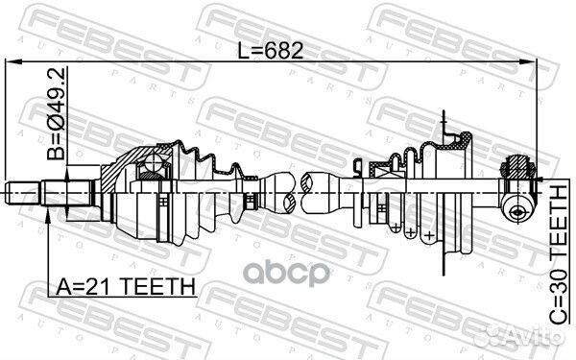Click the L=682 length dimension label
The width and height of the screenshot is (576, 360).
tap(271, 50)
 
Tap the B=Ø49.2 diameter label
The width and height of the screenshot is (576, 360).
tap(57, 113)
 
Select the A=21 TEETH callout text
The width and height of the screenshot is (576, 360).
tap(126, 286)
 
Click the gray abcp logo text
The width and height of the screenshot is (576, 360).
tap(287, 274)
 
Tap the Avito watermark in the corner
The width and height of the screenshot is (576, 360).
tap(518, 335)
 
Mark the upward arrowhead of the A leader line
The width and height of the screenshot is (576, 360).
tap(48, 216)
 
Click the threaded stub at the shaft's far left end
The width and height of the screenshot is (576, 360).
tap(23, 193)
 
